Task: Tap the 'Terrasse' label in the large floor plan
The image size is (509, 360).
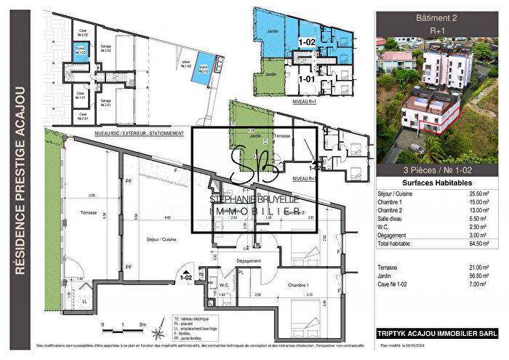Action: click(x=86, y=212)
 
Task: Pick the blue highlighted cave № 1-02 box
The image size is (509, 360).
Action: click(x=82, y=51)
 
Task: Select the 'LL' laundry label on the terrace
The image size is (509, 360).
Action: click(x=86, y=301)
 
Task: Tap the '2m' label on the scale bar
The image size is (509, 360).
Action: click(x=143, y=325)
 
